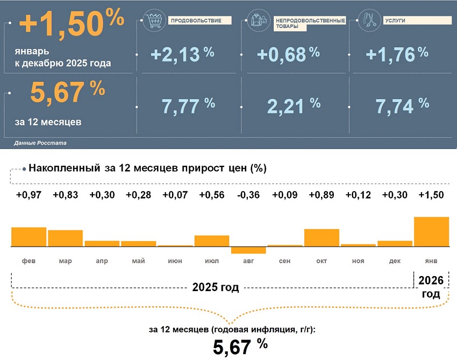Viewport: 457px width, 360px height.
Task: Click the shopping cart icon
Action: click(x=156, y=20)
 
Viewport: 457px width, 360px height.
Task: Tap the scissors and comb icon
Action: click(x=370, y=20)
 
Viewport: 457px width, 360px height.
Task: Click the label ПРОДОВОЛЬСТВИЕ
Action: click(x=189, y=20)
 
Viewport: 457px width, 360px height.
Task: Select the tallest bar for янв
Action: click(x=431, y=231)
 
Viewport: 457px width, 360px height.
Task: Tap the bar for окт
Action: click(x=322, y=237)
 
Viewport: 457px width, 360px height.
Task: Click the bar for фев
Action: click(x=28, y=237)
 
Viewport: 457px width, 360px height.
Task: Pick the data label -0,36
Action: click(x=248, y=195)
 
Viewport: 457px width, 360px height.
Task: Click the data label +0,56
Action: click(x=211, y=195)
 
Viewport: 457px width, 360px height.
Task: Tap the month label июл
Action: click(x=211, y=261)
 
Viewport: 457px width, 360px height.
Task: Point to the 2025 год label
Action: click(x=215, y=287)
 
